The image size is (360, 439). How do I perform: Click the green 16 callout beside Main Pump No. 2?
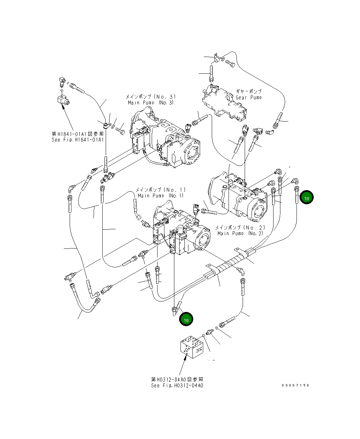[x=306, y=198]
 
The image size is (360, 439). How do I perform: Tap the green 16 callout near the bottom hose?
[x=186, y=320]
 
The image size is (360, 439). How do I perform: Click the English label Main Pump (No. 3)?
[x=151, y=103]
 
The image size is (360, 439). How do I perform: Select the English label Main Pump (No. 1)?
[x=161, y=196]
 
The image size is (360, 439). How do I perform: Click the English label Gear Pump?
[x=248, y=97]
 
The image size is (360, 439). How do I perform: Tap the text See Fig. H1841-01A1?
[x=78, y=140]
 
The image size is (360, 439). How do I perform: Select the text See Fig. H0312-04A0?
[x=177, y=385]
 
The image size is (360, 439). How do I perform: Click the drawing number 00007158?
[x=295, y=385]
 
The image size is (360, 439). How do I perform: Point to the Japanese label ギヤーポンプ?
[x=248, y=92]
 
